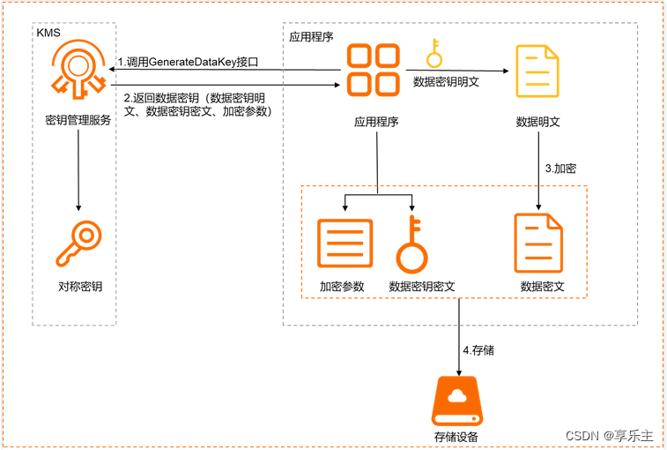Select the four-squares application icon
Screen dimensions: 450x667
tap(372, 70)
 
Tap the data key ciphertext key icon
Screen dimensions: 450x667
tap(411, 244)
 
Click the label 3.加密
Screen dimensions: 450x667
tap(560, 168)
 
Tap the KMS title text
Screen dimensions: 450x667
tap(48, 33)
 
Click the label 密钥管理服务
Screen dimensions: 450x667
tap(78, 121)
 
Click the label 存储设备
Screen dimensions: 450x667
tap(456, 437)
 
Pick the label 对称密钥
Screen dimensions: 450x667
tap(79, 287)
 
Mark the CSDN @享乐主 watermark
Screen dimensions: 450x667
tap(609, 435)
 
